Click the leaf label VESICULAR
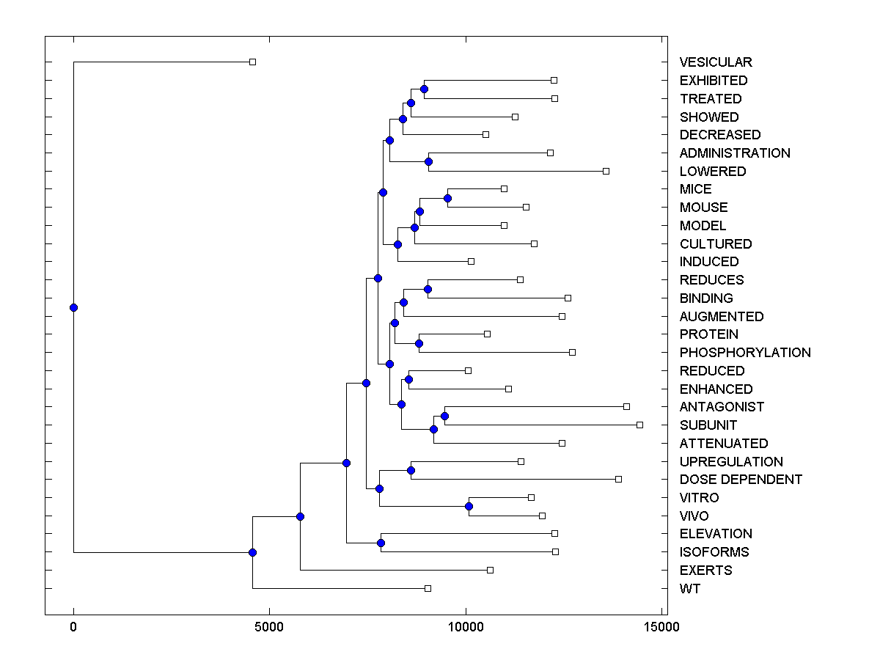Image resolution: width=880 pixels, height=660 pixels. [716, 62]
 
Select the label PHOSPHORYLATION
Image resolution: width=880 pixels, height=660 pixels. [745, 353]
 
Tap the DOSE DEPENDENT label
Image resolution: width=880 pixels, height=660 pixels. [741, 480]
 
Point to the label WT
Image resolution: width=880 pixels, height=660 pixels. [690, 589]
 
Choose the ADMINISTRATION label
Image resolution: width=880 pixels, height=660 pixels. [735, 153]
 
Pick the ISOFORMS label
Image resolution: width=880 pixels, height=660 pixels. [714, 552]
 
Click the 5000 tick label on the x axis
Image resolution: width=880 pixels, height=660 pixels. [269, 627]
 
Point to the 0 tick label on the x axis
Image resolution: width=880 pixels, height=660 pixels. [73, 627]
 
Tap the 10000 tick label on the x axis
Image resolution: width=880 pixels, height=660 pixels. [465, 627]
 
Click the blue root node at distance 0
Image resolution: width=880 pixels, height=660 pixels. [73, 307]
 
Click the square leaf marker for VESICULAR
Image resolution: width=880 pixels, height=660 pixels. [252, 62]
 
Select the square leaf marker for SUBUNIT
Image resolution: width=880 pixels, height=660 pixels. [639, 425]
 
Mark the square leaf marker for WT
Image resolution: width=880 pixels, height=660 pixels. [428, 588]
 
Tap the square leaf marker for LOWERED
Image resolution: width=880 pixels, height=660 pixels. [606, 171]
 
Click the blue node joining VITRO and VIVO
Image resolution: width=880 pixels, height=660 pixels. [469, 507]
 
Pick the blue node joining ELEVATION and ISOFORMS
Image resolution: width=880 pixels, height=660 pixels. [381, 543]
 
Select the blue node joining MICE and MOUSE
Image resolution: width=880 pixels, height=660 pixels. [447, 198]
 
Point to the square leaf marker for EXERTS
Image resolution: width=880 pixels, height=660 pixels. [490, 570]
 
